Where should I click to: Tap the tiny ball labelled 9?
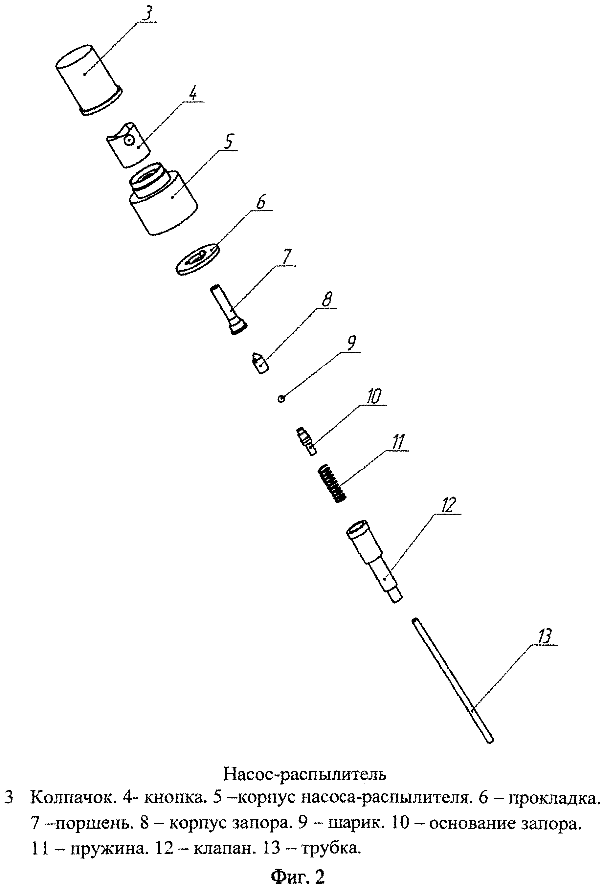click(x=281, y=399)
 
